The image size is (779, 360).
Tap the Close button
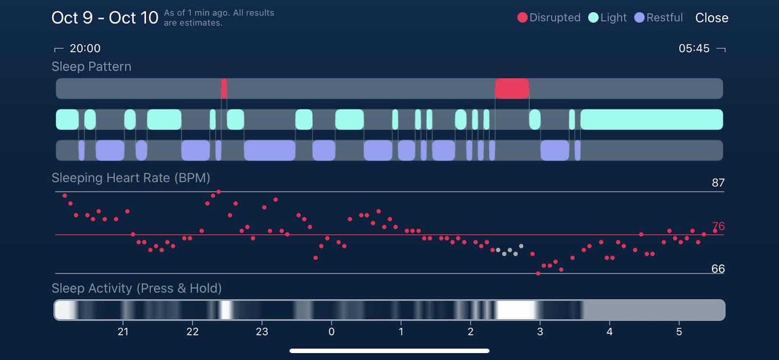point(711,18)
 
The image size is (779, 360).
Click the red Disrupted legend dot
point(522,18)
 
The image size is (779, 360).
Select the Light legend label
point(613,18)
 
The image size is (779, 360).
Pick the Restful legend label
point(664,18)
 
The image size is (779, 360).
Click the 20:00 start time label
point(85,48)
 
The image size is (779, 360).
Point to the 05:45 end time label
point(694,48)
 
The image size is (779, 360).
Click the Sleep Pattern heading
point(92,67)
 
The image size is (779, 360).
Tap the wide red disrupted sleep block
point(512,89)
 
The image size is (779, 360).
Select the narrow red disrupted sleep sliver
point(224,89)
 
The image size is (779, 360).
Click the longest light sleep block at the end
point(651,119)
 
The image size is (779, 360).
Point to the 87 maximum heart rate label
point(718,183)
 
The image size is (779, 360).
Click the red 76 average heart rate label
point(718,226)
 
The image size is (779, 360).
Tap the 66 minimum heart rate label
point(718,269)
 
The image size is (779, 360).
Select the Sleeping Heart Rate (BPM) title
point(130,178)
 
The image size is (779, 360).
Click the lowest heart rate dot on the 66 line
point(538,274)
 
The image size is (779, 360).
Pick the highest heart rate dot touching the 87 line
point(219,192)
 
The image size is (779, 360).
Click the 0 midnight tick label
point(332,332)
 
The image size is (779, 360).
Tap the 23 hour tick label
point(262,332)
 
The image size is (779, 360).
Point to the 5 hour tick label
point(679,332)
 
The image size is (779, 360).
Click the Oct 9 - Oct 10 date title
point(105,18)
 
